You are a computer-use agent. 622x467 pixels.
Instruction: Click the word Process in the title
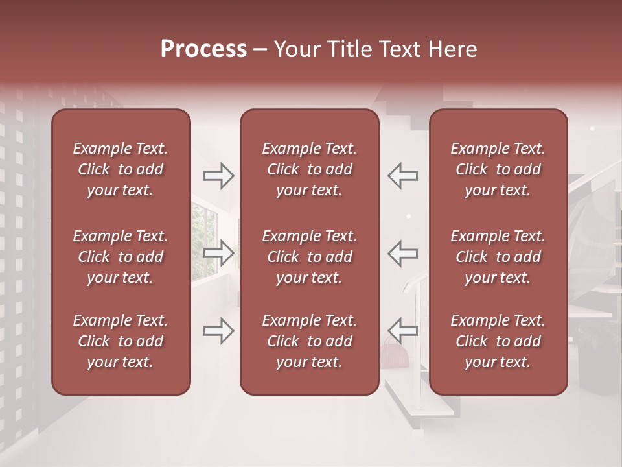tap(203, 49)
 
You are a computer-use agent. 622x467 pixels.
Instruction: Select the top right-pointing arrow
tap(219, 176)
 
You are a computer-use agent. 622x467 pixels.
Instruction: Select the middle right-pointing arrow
tap(219, 253)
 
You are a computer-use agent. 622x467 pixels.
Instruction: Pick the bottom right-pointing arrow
tap(219, 331)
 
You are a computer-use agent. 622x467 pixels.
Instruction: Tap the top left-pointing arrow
tap(402, 176)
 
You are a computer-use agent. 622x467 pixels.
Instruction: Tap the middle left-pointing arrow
tap(402, 253)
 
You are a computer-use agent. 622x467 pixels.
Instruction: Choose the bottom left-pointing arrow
tap(402, 331)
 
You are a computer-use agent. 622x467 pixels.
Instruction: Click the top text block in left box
tap(121, 169)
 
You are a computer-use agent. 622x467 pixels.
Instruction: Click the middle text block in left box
tap(121, 257)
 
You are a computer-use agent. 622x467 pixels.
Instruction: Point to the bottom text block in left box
tap(121, 341)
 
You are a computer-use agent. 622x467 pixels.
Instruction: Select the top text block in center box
tap(309, 169)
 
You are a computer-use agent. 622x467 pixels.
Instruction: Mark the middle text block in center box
tap(309, 257)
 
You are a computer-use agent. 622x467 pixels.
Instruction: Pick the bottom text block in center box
tap(309, 341)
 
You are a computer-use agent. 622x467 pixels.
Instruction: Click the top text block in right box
tap(498, 169)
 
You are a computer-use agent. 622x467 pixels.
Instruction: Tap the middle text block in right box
tap(498, 257)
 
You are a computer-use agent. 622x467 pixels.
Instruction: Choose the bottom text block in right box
tap(498, 341)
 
